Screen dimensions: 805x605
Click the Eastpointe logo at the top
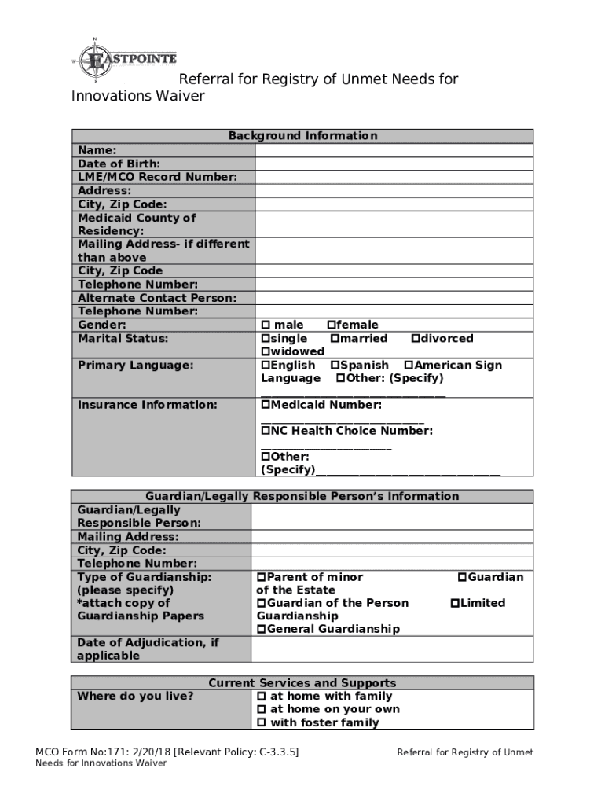(x=126, y=60)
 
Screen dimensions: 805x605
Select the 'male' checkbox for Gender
(x=266, y=325)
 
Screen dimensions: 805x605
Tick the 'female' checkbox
(x=332, y=325)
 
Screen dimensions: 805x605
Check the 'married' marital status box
(x=335, y=339)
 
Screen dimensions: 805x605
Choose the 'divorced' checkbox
(x=416, y=339)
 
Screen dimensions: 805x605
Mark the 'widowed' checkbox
(x=266, y=352)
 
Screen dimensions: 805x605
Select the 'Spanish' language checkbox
(x=335, y=366)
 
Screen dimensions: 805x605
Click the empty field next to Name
(x=395, y=150)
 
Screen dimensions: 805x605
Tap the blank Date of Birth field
(x=395, y=164)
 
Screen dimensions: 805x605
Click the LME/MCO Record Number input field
(x=395, y=177)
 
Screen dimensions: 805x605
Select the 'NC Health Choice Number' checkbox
(x=266, y=432)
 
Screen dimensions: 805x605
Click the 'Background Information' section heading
(x=302, y=136)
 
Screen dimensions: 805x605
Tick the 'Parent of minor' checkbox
(x=262, y=578)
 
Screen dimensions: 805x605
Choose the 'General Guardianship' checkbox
(x=262, y=630)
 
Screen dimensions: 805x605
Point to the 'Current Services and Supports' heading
(x=302, y=683)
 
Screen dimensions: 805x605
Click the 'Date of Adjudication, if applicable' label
(x=148, y=649)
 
